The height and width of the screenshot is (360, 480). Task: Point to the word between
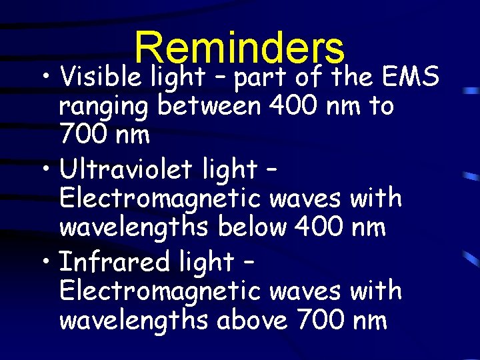click(207, 106)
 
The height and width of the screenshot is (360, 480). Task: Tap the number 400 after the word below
click(317, 227)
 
